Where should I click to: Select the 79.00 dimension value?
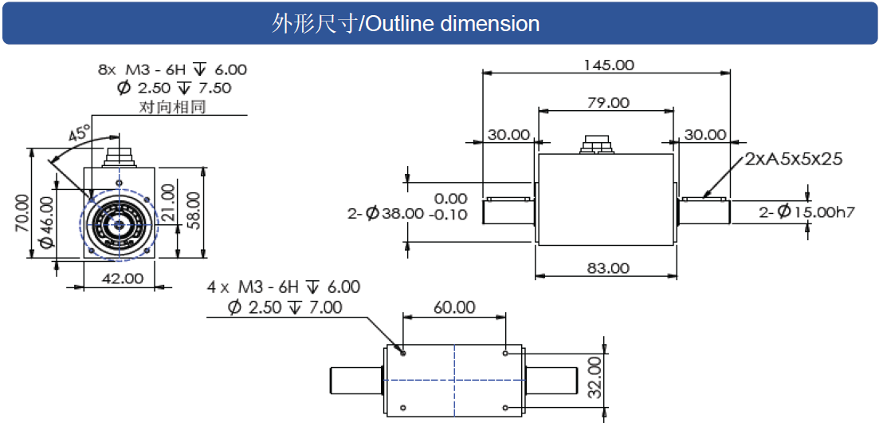(x=608, y=103)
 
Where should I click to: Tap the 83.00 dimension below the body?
(x=608, y=268)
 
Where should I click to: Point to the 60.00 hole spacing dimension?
(x=454, y=307)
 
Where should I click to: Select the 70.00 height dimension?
(x=23, y=211)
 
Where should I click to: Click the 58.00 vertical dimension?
(x=192, y=210)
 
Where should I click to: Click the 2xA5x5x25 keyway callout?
(x=794, y=159)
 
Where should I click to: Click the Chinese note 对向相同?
(x=173, y=106)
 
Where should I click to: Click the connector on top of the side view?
(x=597, y=144)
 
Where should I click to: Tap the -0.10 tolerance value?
(x=451, y=215)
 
